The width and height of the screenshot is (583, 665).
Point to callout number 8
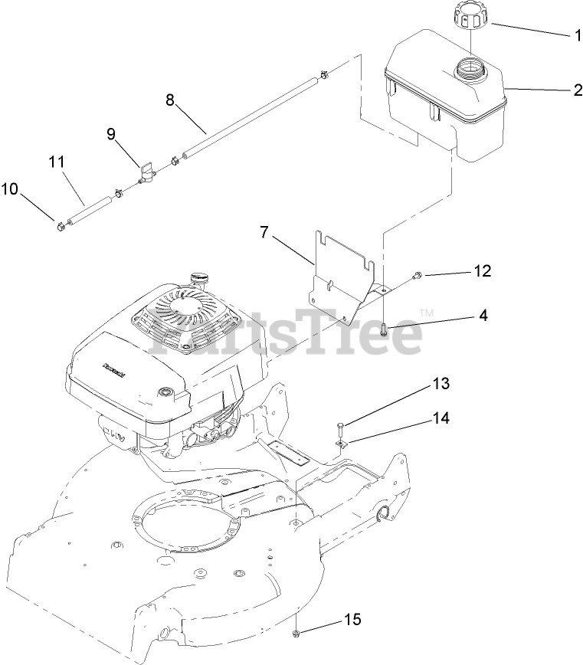point(170,100)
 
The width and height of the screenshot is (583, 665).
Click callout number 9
point(111,135)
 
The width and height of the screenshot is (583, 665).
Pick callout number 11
point(55,163)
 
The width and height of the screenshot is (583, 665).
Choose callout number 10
point(9,188)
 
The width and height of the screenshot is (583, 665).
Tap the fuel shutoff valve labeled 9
point(146,173)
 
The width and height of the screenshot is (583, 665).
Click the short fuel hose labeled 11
point(91,209)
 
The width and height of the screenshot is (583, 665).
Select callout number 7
point(264,232)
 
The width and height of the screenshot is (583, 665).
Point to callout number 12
point(481,271)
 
